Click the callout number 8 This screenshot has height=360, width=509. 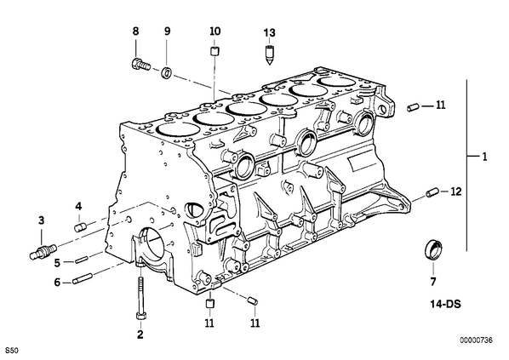(x=135, y=31)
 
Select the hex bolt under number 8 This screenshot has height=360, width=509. (x=141, y=65)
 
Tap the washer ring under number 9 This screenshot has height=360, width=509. (x=167, y=72)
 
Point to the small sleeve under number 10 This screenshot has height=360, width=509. (x=214, y=51)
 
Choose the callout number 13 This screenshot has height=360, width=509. (x=269, y=33)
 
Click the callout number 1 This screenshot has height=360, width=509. (x=484, y=157)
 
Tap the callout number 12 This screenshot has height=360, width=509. (x=455, y=191)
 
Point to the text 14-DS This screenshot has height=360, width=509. (x=446, y=304)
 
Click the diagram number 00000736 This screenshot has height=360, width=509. (x=476, y=340)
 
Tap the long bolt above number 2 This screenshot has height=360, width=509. (x=140, y=299)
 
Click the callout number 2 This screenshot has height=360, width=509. (x=140, y=334)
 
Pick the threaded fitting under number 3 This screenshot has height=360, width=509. (x=43, y=252)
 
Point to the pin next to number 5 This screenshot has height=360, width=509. (x=81, y=260)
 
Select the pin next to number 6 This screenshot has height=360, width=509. (x=83, y=279)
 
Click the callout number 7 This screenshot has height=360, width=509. (x=433, y=282)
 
